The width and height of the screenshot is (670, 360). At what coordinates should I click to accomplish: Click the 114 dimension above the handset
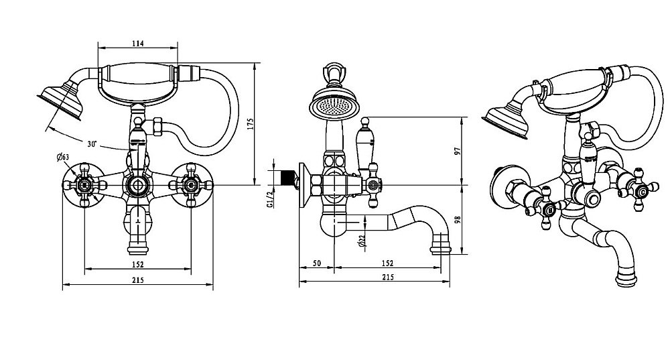point(138,43)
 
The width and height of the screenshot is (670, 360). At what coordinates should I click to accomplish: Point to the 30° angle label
point(92,143)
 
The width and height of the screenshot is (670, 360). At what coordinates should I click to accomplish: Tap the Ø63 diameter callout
point(64,158)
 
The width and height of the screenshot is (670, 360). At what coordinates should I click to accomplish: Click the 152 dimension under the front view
point(137,263)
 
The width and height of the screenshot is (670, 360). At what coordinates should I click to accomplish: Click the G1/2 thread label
point(271,200)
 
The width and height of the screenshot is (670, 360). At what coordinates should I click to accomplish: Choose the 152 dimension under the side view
point(387,263)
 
